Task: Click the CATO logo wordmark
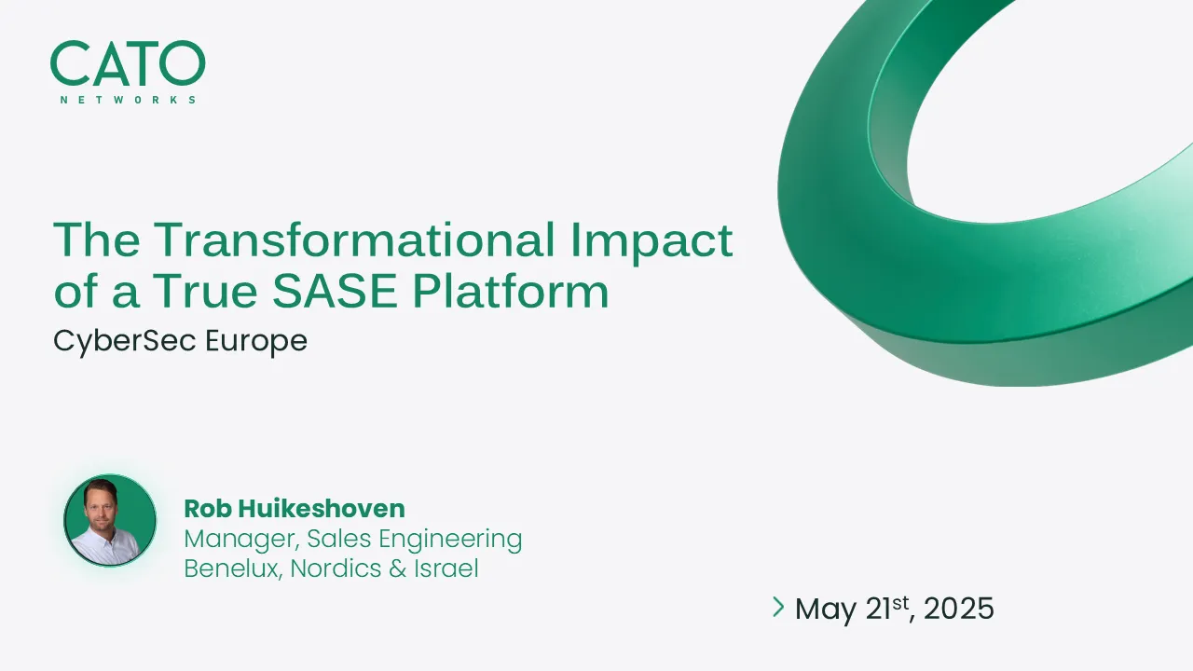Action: [x=128, y=64]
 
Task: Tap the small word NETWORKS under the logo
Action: [x=128, y=100]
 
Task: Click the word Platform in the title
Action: [x=511, y=291]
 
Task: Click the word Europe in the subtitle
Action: [x=256, y=341]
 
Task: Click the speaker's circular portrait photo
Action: [x=110, y=520]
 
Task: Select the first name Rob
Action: [x=206, y=509]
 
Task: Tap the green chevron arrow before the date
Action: [x=778, y=608]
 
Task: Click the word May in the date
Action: [x=825, y=610]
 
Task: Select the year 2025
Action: [x=960, y=609]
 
